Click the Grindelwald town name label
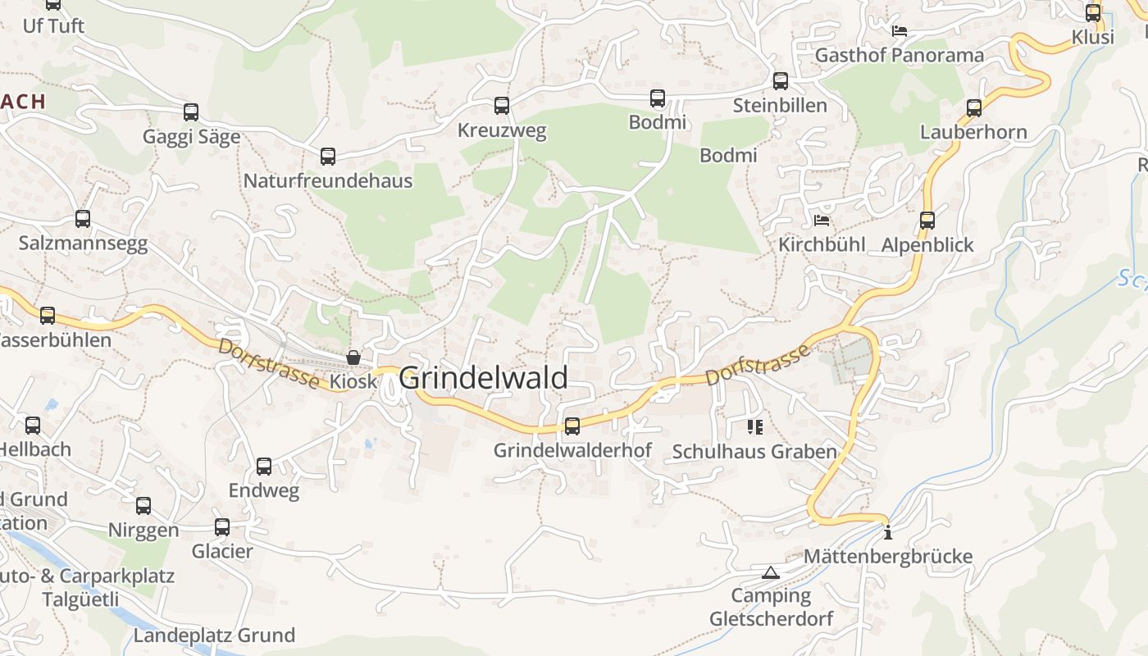(x=483, y=377)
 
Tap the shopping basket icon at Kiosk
(x=353, y=358)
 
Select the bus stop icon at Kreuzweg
(x=501, y=105)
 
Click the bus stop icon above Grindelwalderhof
(x=572, y=426)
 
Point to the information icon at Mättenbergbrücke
(x=887, y=533)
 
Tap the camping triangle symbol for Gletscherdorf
(x=769, y=572)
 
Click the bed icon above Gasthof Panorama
(x=900, y=31)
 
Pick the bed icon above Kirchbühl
(x=821, y=220)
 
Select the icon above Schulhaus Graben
(x=754, y=426)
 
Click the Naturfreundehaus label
(x=328, y=180)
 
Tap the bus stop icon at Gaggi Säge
(x=191, y=112)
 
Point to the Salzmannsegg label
(x=83, y=244)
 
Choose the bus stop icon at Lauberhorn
(x=973, y=107)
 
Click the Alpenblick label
(x=927, y=244)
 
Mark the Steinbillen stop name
(x=780, y=105)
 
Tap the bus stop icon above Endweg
(x=263, y=466)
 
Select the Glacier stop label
(x=222, y=551)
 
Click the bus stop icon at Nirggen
(x=143, y=505)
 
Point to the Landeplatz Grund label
(x=214, y=635)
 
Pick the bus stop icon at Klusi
(x=1093, y=12)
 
